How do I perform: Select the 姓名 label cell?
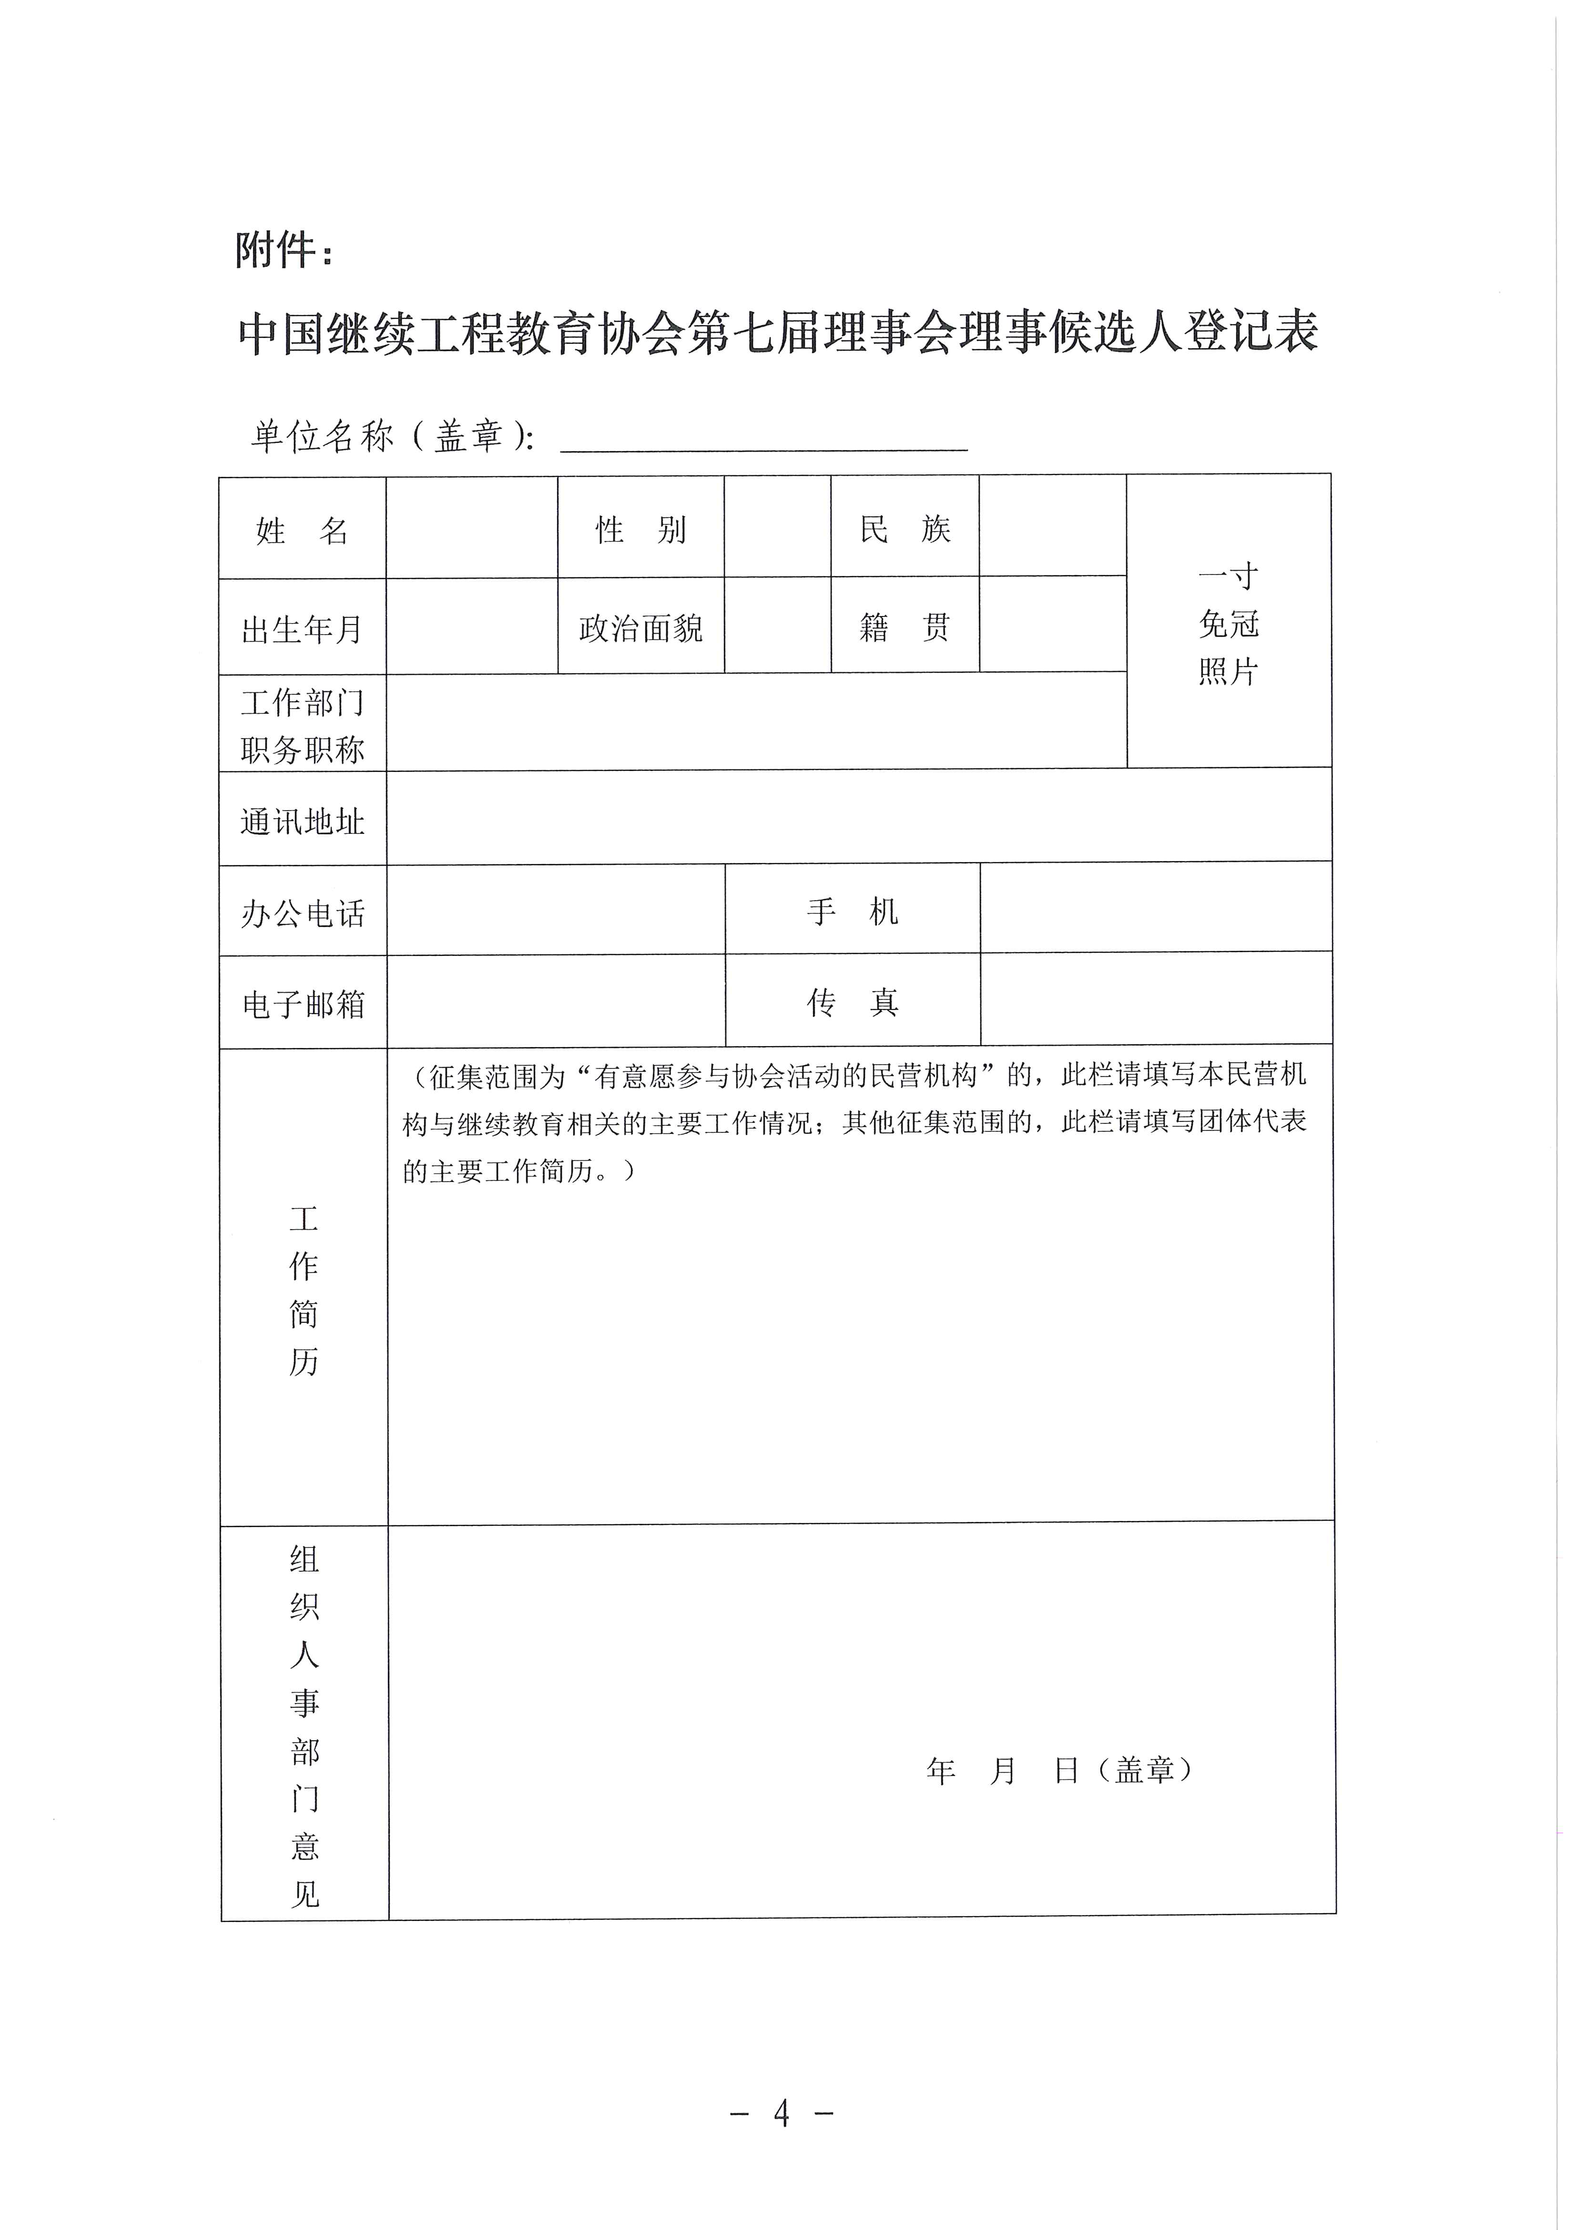click(x=302, y=530)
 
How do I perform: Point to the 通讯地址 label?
click(x=302, y=822)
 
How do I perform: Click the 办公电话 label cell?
click(x=302, y=913)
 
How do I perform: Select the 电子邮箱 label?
click(x=302, y=1003)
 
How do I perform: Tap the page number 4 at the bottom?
click(x=782, y=2113)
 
